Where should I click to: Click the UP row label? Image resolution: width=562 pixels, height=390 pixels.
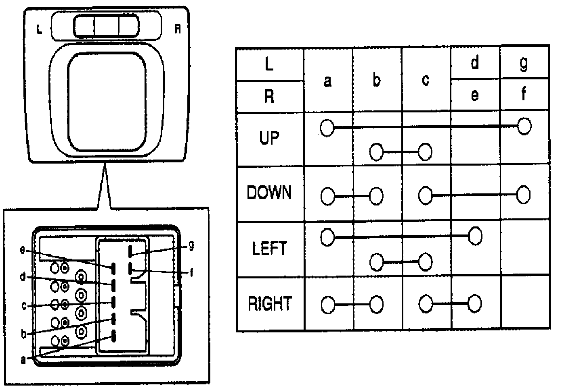click(269, 138)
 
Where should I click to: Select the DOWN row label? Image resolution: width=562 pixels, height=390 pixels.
click(269, 193)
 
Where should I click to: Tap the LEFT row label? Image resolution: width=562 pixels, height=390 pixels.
click(269, 248)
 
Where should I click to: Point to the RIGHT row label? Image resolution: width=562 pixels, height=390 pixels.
click(269, 303)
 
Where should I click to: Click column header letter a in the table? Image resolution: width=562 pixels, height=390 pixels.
click(328, 81)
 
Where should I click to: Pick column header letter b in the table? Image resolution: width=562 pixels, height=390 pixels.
click(376, 80)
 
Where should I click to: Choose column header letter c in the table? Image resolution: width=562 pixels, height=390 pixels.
click(426, 80)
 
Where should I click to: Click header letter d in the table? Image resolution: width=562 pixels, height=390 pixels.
click(475, 62)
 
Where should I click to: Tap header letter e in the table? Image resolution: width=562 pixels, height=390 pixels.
click(475, 95)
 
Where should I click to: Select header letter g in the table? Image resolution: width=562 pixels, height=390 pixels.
click(524, 63)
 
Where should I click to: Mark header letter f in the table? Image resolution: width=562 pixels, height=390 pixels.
click(524, 95)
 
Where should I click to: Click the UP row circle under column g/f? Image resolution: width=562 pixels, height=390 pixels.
click(524, 126)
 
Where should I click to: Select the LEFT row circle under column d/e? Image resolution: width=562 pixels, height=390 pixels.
click(475, 236)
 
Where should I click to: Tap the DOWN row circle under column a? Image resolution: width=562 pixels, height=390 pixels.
click(328, 197)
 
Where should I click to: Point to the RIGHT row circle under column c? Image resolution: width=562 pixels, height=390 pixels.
click(426, 304)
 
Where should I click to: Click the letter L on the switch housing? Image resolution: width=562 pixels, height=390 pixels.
click(39, 29)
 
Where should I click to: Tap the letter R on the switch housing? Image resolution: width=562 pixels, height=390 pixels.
click(178, 29)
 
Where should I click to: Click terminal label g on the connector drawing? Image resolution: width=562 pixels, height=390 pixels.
click(191, 245)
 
